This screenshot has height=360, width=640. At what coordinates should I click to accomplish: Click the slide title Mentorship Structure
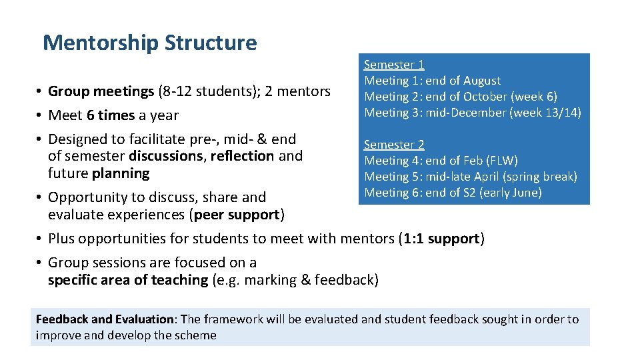click(149, 43)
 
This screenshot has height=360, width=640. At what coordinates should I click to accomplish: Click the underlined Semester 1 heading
click(394, 65)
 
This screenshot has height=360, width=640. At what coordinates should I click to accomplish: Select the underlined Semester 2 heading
click(394, 145)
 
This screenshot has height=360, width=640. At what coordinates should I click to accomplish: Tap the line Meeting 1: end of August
click(432, 81)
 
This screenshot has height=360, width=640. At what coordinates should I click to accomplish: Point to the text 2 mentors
click(297, 91)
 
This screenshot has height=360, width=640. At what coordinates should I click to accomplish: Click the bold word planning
click(121, 173)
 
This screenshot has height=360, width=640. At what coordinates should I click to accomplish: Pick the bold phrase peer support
click(237, 215)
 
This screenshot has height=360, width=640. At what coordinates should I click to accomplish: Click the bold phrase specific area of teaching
click(127, 280)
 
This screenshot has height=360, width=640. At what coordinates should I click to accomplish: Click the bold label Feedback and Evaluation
click(105, 319)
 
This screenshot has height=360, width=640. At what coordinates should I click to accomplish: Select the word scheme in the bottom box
click(195, 335)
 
